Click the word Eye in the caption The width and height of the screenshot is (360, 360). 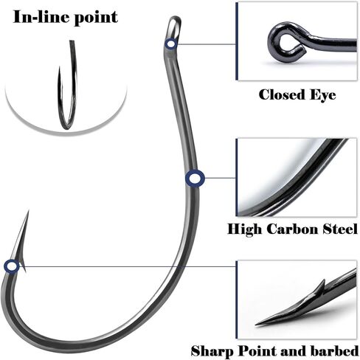(322, 95)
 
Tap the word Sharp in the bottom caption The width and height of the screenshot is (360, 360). (212, 351)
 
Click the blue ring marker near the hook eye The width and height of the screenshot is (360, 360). (170, 44)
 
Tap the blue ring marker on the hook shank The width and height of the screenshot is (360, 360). (195, 178)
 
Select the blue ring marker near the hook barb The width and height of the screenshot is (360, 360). (12, 266)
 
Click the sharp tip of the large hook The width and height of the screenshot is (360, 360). (29, 210)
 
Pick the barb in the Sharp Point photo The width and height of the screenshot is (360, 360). (321, 287)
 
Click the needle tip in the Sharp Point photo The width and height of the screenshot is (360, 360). (256, 325)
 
